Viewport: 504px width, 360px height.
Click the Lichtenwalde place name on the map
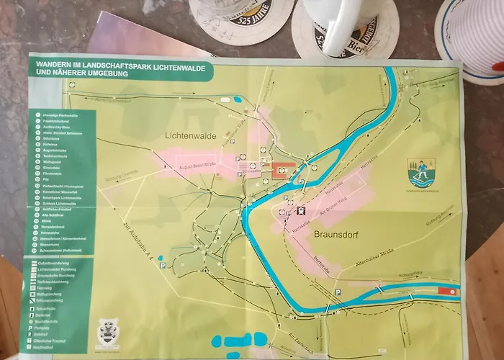pos(192,135)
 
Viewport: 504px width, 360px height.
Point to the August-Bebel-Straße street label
pos(198,165)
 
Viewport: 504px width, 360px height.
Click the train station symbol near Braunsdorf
pos(301,211)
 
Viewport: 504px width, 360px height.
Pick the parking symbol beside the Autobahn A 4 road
pos(163,266)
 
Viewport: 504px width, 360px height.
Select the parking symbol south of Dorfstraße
pos(338,292)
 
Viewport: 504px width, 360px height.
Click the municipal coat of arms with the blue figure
pos(419,174)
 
